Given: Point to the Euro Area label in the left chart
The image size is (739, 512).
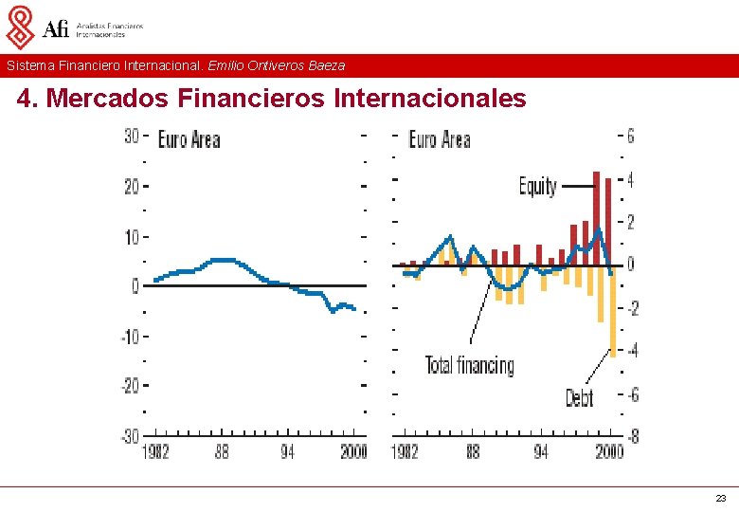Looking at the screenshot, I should click(x=189, y=140).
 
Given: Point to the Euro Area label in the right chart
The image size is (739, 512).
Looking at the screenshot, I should click(x=439, y=140).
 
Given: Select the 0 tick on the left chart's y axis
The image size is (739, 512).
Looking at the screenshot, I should click(x=135, y=285).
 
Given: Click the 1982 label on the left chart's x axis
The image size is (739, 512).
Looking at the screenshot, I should click(x=155, y=452).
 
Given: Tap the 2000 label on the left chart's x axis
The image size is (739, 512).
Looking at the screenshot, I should click(x=353, y=452).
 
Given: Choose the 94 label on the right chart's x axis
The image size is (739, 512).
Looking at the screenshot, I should click(x=540, y=452).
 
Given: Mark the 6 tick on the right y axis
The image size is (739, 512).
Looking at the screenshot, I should click(x=630, y=136).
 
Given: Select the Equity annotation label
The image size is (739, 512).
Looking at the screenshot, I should click(x=537, y=186).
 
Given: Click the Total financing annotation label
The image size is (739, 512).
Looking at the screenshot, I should click(x=469, y=365).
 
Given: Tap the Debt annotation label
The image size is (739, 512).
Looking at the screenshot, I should click(x=579, y=397).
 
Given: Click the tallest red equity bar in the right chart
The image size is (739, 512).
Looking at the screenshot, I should click(x=596, y=217).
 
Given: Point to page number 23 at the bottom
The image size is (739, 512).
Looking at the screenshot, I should click(x=721, y=499).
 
